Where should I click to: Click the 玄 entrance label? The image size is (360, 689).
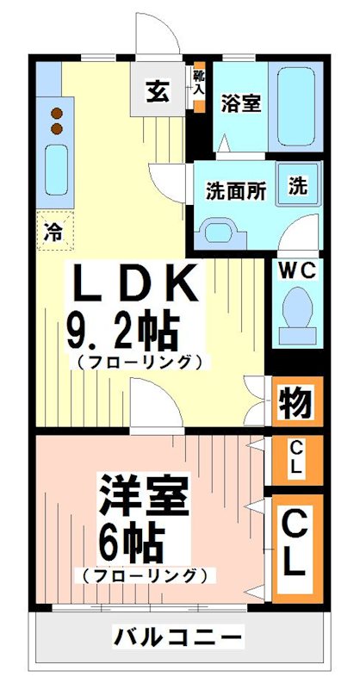[157, 90]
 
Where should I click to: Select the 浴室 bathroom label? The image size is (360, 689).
[241, 103]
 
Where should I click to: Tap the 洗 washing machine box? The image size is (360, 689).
[297, 185]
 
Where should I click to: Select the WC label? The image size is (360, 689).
[297, 270]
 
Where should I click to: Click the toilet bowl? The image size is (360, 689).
[298, 312]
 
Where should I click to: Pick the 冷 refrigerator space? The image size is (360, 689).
[53, 230]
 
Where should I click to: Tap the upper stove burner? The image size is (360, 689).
[57, 112]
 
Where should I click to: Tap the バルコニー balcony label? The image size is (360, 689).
[178, 638]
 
